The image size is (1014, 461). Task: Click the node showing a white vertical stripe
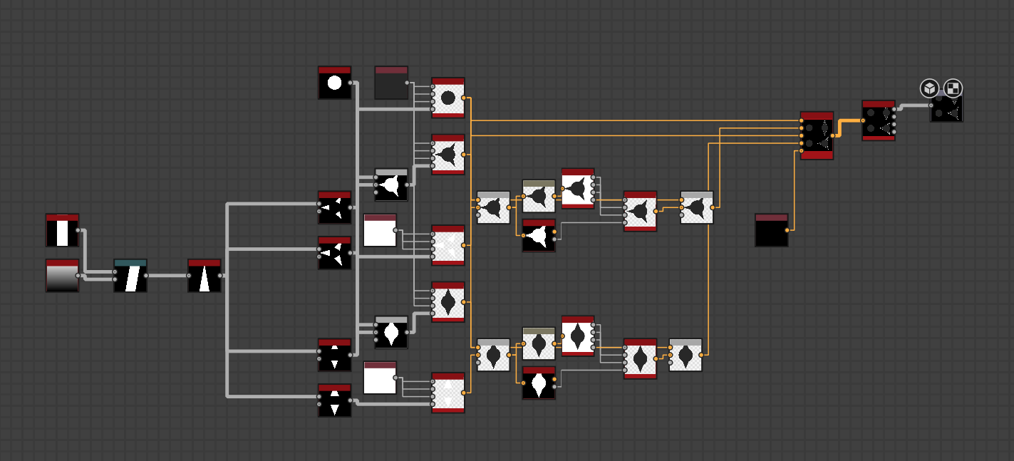[62, 231]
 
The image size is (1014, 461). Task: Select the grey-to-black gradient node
[62, 276]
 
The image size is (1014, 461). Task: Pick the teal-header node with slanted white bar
[130, 276]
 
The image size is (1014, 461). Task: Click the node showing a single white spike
[205, 276]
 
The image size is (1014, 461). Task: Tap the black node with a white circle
[334, 83]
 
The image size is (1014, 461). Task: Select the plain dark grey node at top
[391, 83]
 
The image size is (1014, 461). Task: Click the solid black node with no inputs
[772, 231]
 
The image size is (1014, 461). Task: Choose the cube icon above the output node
[929, 88]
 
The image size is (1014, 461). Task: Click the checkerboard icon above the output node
[953, 88]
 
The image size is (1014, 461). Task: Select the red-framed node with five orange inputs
[817, 135]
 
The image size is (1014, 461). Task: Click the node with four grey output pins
[878, 120]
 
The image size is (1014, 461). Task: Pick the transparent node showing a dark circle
[448, 98]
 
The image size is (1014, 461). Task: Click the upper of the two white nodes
[380, 231]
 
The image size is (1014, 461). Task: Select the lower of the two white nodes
[380, 378]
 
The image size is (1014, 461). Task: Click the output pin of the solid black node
[787, 230]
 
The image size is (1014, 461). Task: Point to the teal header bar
[130, 263]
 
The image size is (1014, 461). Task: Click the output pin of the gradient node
[78, 276]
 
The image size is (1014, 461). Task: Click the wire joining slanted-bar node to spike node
[167, 276]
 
